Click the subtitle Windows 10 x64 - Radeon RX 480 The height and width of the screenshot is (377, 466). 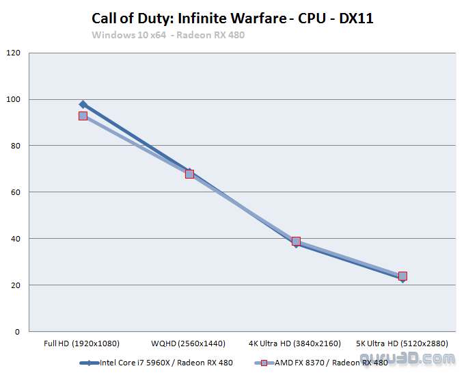coord(168,35)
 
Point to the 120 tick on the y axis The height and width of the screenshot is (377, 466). coord(14,53)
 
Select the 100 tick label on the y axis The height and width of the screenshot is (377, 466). coord(14,99)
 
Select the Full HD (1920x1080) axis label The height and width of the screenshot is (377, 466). coord(83,343)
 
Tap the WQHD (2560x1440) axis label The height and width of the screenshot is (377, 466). coord(189,343)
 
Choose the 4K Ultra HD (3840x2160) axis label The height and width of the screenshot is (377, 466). coord(296,343)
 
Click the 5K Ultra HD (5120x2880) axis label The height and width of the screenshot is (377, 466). coord(402,343)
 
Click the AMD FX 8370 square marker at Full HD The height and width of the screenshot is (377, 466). coord(83,116)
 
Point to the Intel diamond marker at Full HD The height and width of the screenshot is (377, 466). coord(83,105)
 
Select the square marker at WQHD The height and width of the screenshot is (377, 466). coord(189,174)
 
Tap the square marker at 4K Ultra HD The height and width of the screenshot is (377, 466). coord(296,241)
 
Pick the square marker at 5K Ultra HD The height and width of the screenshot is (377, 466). coord(402,276)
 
